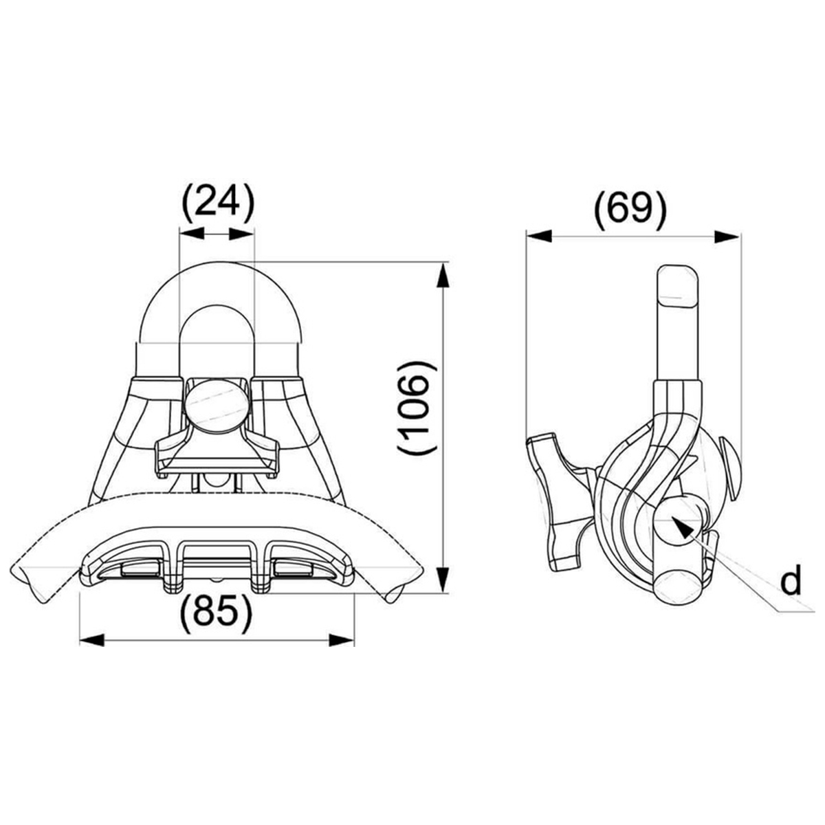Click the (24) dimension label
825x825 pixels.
218,203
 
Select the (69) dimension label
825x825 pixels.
630,210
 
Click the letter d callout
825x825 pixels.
791,580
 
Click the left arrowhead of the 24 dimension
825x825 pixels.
192,234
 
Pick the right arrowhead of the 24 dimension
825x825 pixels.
242,234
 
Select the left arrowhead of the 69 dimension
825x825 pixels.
539,236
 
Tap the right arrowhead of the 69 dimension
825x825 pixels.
727,236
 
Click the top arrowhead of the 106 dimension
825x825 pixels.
443,275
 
